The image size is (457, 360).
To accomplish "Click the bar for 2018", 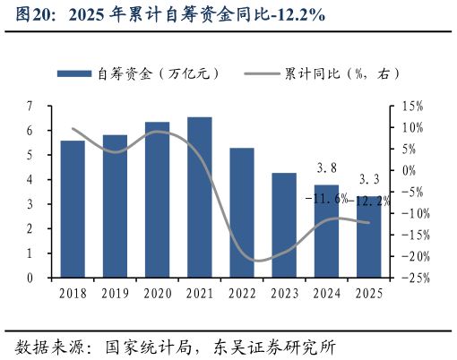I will coord(73,209).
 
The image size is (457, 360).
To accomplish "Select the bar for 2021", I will coord(200,197).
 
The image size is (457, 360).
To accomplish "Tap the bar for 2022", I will coord(242,212).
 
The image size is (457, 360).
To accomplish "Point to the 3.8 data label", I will coord(327,167).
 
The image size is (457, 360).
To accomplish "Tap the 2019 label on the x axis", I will coord(115,293).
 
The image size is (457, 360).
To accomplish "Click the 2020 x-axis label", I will coord(158,293).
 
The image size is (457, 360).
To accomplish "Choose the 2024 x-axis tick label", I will coord(327,293).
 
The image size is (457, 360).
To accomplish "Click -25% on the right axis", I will coord(411,279).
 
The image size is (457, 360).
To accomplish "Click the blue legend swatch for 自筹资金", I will coord(75,73).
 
